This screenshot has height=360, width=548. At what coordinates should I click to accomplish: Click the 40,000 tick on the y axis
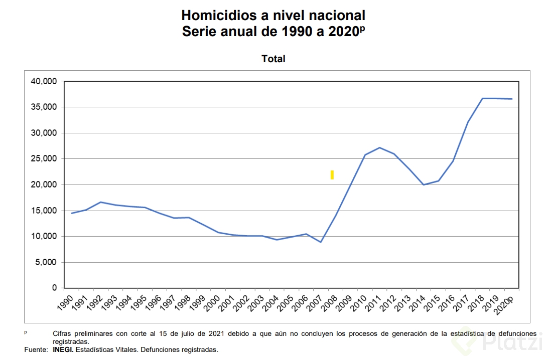pos(44,81)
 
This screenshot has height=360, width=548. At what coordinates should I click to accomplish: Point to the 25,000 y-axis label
pos(44,159)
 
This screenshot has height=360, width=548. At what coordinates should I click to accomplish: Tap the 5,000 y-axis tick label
pos(46,262)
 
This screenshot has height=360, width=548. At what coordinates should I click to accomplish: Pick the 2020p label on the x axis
pos(503,302)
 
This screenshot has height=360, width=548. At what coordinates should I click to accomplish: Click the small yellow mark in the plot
pos(332,174)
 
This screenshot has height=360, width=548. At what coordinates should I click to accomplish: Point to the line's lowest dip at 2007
pos(321,242)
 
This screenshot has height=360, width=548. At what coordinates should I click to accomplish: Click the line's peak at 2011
pos(379,147)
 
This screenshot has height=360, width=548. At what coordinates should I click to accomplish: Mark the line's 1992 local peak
pos(101,202)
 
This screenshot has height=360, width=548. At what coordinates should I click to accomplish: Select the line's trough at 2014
pos(424,185)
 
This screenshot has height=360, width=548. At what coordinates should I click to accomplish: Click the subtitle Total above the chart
pos(273,59)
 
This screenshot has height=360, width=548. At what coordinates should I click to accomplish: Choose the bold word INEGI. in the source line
pos(63,349)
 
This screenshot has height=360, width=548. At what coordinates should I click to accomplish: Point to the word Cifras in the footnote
pos(63,333)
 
